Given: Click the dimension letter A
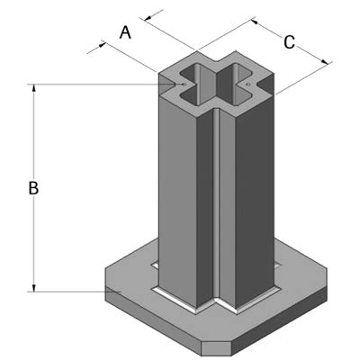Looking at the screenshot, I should click(126, 32).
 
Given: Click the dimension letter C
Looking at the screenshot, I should click(289, 41).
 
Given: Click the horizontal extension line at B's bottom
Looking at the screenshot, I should click(67, 291).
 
